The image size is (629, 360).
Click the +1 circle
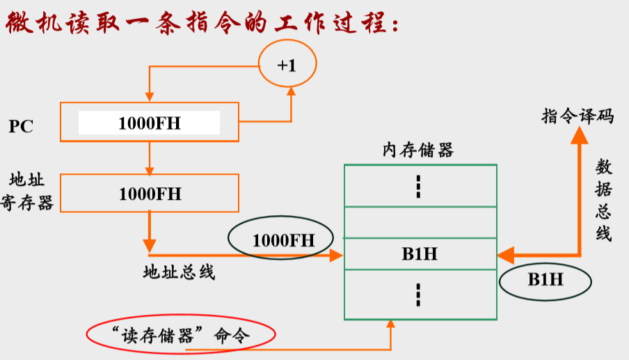[x=287, y=65]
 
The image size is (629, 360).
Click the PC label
[x=21, y=127]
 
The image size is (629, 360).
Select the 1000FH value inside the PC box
[x=149, y=123]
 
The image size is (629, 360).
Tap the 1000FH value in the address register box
[x=149, y=194]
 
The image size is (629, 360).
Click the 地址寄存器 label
[x=28, y=192]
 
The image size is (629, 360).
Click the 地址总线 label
[x=180, y=272]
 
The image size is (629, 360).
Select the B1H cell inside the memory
[x=420, y=253]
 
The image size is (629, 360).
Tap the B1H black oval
[x=545, y=280]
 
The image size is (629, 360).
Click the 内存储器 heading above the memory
[x=417, y=150]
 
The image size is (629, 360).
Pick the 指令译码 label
[x=578, y=116]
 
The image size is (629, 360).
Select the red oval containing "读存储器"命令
[x=180, y=335]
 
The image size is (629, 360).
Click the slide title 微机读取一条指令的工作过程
[x=202, y=24]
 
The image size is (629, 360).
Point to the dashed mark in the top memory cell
[x=419, y=186]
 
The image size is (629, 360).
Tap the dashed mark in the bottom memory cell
[x=419, y=295]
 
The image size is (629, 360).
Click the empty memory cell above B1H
[x=420, y=222]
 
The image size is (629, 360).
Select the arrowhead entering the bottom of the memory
[x=391, y=324]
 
